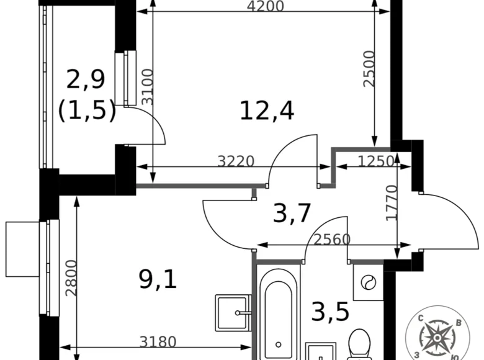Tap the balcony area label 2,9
pos(86,79)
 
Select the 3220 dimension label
pos(236,161)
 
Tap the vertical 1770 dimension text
pos(391,204)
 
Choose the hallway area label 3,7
pos(292,214)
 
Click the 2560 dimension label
pos(332,239)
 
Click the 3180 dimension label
pos(158,341)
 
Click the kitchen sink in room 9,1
pos(233,313)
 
